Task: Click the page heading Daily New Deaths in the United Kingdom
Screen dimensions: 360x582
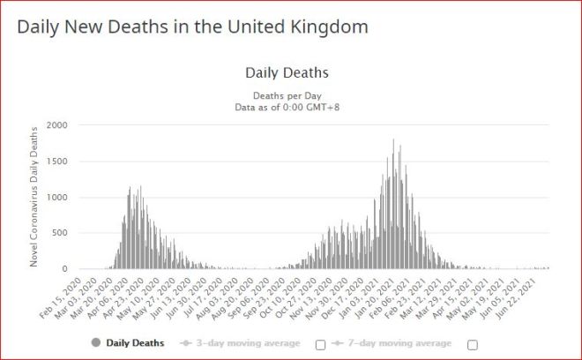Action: click(192, 26)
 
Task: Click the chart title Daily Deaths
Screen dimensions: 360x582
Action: click(286, 72)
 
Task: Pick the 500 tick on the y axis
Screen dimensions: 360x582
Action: click(58, 233)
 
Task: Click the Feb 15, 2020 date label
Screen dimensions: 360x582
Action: click(63, 293)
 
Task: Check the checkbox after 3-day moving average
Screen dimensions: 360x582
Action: click(321, 343)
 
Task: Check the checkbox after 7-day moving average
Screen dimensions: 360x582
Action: click(473, 343)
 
